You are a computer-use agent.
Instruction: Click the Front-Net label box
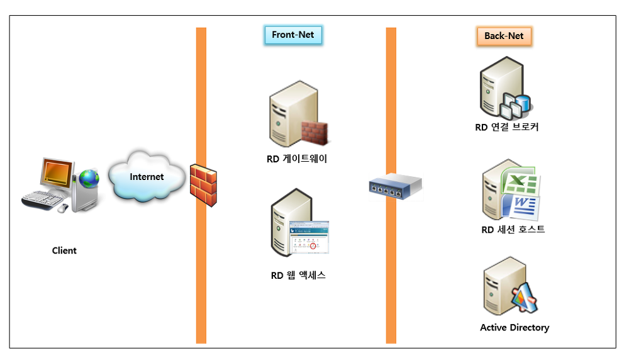(x=293, y=35)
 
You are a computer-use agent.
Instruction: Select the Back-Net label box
(x=504, y=36)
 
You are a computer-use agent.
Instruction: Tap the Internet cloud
(x=147, y=176)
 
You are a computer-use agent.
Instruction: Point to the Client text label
(x=64, y=250)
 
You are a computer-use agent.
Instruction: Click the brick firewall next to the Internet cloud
(x=204, y=184)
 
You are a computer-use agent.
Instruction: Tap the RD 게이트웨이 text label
(x=297, y=159)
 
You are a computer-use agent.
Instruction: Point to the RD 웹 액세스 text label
(x=298, y=275)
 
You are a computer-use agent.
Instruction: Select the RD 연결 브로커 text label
(x=507, y=127)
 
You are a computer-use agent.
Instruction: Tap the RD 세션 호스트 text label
(x=513, y=229)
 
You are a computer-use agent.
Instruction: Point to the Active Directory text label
(x=515, y=327)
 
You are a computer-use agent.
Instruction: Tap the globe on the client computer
(x=89, y=179)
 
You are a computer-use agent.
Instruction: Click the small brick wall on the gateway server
(x=314, y=132)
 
